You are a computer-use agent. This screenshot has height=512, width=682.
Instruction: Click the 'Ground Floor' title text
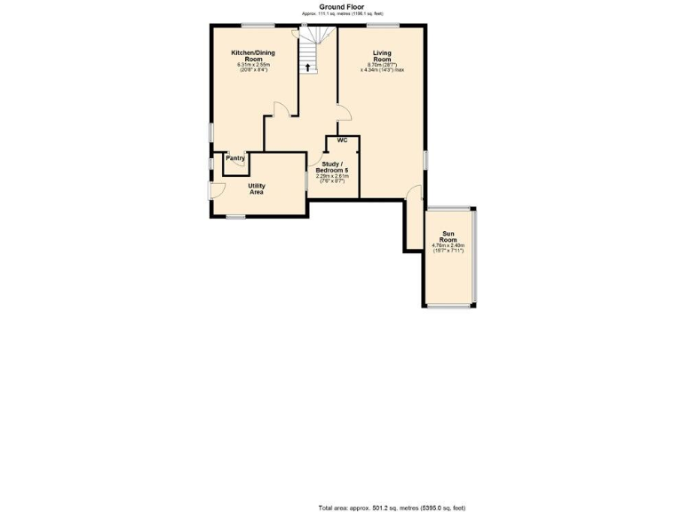(x=342, y=6)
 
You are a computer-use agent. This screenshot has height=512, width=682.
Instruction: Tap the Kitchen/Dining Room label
(x=254, y=56)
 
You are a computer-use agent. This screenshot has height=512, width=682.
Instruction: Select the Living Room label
(x=382, y=56)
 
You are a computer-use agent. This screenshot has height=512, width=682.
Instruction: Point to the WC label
(x=342, y=140)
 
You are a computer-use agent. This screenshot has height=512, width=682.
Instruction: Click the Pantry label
(x=236, y=158)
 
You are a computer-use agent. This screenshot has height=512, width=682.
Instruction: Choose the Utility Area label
(x=256, y=188)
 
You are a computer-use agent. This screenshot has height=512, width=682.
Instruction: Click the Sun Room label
(x=449, y=238)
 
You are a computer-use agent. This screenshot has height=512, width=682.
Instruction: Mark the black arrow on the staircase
(x=308, y=66)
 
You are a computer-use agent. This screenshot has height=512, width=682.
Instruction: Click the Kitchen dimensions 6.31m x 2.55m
(x=254, y=68)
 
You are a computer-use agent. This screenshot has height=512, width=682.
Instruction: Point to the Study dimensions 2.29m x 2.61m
(x=332, y=178)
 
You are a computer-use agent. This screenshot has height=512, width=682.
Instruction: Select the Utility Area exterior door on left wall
(x=213, y=188)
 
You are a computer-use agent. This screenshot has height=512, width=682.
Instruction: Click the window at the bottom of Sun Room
(x=449, y=308)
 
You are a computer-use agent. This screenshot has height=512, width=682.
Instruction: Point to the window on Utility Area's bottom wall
(x=235, y=216)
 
